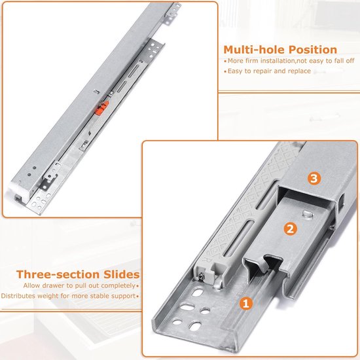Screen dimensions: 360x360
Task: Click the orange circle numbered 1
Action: click(x=246, y=303)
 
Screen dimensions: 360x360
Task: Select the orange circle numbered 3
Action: click(x=314, y=178)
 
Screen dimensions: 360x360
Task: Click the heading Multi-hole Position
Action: click(x=280, y=50)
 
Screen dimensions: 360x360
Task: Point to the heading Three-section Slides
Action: click(x=78, y=274)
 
